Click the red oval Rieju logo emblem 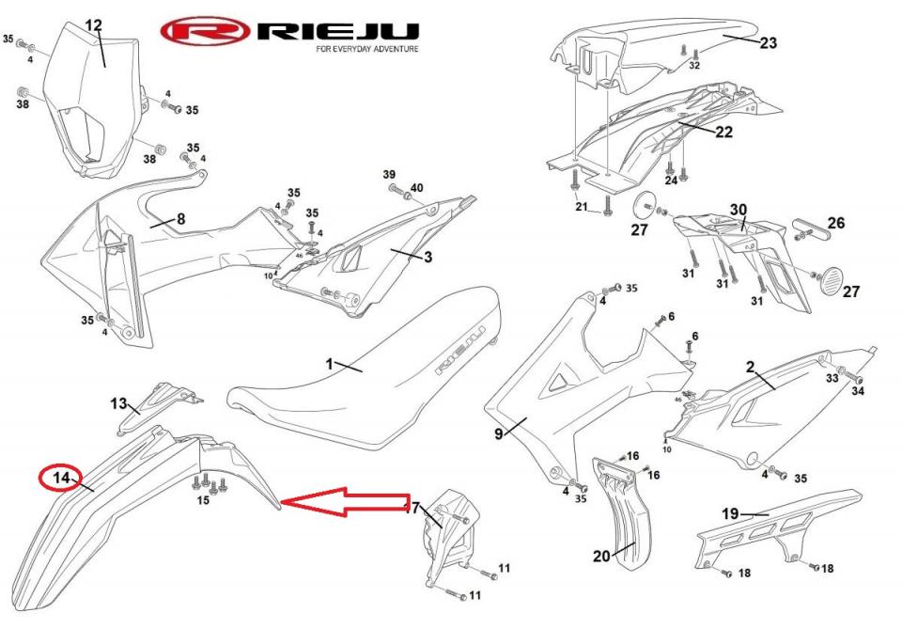205,32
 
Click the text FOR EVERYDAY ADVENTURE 367,49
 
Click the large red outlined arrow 348,503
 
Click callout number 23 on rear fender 769,42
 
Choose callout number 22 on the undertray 723,133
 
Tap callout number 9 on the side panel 499,432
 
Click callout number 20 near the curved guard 601,556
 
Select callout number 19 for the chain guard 731,513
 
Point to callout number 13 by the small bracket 118,403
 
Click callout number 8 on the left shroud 180,219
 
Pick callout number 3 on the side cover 428,257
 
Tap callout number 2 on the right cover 751,368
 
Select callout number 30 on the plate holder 739,210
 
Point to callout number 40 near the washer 416,188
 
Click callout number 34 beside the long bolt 858,391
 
